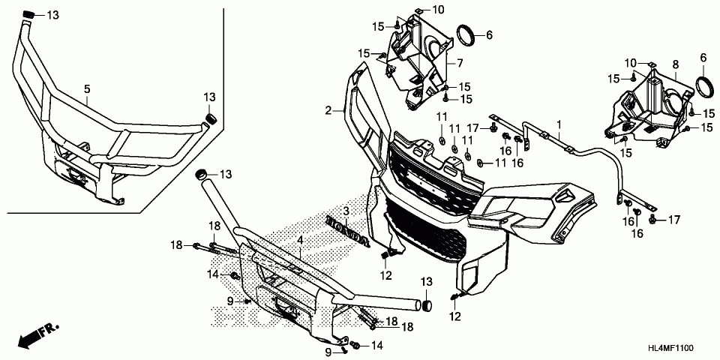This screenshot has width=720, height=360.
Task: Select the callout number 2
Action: [x=328, y=111]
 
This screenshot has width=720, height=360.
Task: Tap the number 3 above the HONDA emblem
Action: [x=346, y=212]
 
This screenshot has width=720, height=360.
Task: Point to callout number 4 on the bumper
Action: [x=299, y=240]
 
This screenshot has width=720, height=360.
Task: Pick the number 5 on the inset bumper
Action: [x=87, y=89]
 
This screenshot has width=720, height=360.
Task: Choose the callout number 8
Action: [x=675, y=65]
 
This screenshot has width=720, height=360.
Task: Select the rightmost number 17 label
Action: [x=673, y=220]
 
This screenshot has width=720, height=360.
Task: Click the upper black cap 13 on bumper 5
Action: [x=28, y=16]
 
